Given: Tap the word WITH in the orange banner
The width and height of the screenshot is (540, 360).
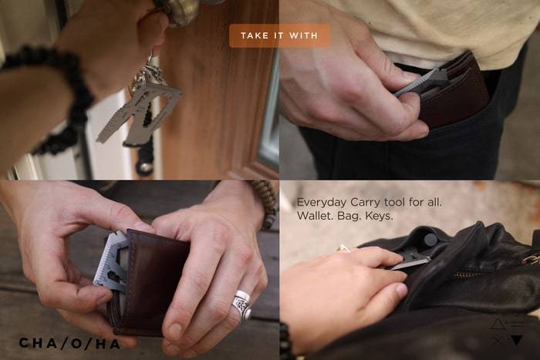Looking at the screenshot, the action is [303, 35].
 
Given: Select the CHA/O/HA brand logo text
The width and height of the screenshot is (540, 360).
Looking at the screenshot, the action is [69, 343].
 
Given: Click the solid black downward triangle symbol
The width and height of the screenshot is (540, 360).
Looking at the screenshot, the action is [517, 341].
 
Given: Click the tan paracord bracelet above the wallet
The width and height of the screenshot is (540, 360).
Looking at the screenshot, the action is [265, 203].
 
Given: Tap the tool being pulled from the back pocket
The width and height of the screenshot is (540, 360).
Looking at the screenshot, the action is [421, 81].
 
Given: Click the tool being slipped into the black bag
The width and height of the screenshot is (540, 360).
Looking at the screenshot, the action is [411, 261].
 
